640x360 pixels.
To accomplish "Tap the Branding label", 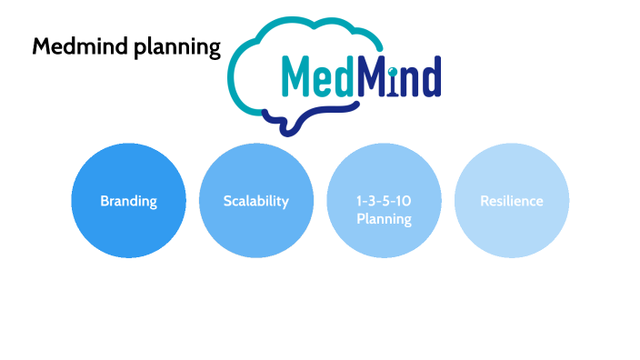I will [128, 201].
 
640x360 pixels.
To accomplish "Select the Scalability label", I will [255, 201].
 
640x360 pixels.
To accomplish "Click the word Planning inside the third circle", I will [384, 219].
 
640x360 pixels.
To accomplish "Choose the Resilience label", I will [511, 201].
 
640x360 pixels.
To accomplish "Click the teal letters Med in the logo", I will [315, 77].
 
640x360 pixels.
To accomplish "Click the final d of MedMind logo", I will [431, 77].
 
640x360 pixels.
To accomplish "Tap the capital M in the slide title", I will [41, 46].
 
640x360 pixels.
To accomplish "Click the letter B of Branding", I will [105, 201].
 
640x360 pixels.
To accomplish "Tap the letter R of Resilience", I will [485, 201].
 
